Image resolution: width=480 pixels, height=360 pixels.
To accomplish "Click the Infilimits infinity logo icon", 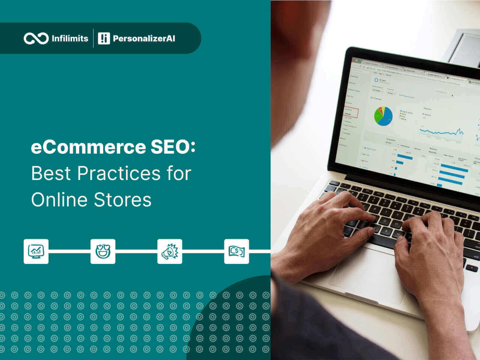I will point(36,38).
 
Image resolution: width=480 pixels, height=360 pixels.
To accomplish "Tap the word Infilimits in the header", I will point(70,38).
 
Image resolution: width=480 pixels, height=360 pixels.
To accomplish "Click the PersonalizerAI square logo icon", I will point(104,38).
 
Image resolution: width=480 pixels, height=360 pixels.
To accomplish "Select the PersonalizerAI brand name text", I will point(144,38).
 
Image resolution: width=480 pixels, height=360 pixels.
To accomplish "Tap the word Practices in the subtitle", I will point(119,173).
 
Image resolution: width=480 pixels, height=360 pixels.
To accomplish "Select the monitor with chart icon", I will point(36,251).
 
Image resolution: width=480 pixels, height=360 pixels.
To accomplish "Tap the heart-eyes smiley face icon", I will point(103,251).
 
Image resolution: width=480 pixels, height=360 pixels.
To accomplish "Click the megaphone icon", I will point(170,251).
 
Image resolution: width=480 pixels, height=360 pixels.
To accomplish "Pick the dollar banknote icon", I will point(236,251).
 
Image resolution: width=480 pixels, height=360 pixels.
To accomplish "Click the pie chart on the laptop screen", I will point(383,116).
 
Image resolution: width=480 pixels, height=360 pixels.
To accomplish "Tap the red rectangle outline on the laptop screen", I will point(351,113).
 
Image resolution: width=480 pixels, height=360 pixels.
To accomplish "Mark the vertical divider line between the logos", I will point(93,38).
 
